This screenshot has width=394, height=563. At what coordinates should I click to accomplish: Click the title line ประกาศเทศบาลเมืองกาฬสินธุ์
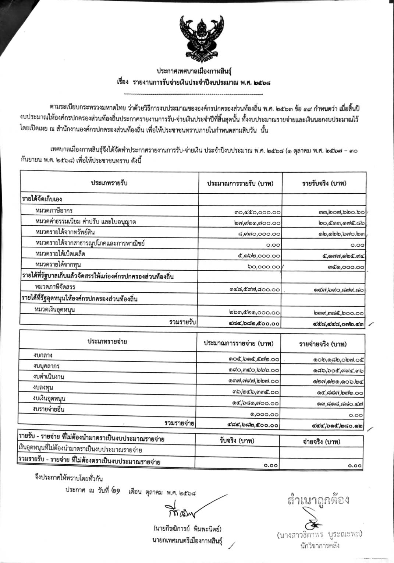(197, 71)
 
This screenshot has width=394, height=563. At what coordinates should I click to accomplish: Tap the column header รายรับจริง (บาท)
(324, 183)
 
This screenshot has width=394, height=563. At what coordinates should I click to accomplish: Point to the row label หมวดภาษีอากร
(54, 211)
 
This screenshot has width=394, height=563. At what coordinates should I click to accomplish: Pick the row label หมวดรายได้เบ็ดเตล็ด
(61, 254)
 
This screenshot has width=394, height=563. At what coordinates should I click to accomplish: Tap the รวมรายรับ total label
(182, 322)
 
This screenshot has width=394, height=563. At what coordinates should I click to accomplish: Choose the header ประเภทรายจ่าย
(107, 342)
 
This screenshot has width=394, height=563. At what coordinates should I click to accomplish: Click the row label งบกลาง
(42, 355)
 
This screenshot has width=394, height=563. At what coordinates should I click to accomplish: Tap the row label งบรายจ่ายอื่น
(48, 409)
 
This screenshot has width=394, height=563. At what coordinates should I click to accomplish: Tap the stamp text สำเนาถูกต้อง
(319, 500)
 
